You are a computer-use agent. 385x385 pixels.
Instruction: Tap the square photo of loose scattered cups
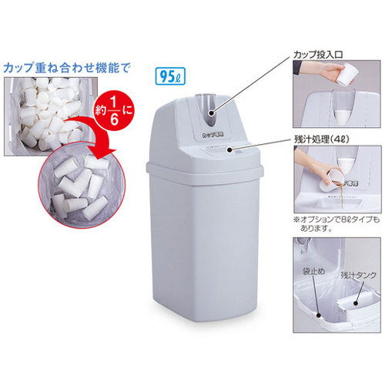pos(42,115)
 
